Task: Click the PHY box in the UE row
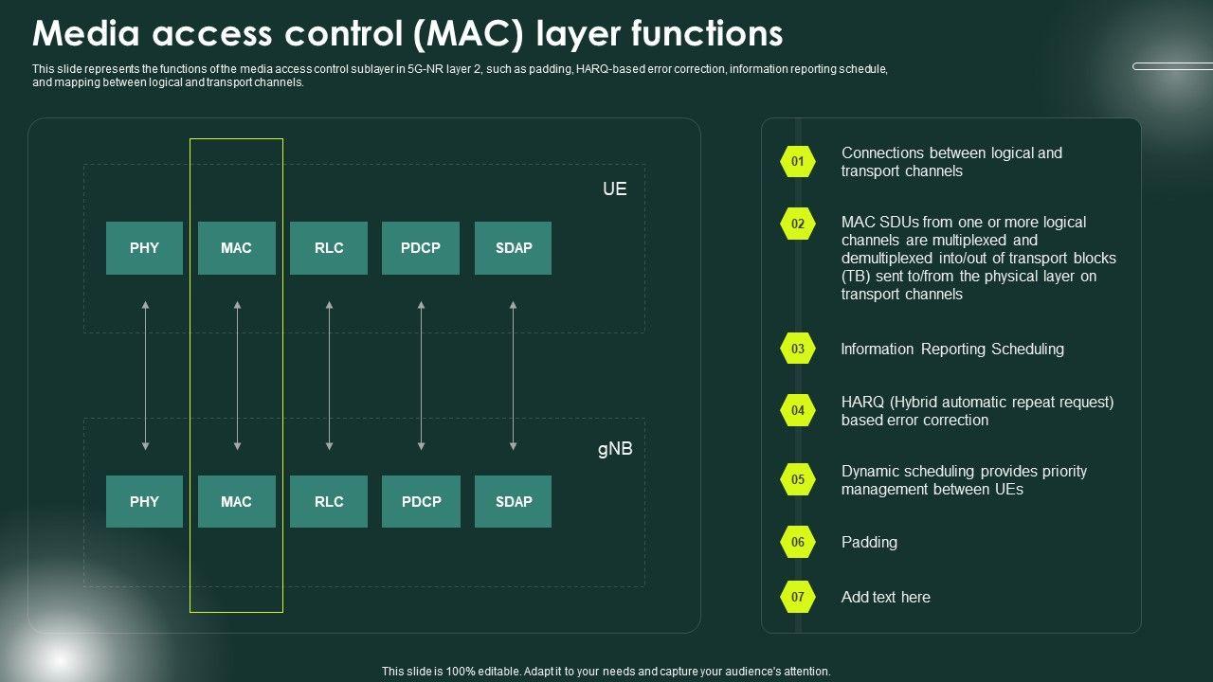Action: coord(144,248)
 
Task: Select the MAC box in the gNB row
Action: coord(236,501)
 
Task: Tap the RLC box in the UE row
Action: coord(329,248)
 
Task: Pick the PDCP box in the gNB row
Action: coord(421,501)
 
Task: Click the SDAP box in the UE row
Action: coord(513,248)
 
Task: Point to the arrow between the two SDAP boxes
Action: coord(513,375)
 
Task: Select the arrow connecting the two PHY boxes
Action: coord(145,375)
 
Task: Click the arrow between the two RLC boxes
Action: coord(329,375)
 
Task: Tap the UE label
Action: coord(614,188)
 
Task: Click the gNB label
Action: coord(614,449)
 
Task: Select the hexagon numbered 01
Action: coord(798,162)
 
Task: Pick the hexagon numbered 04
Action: coord(798,410)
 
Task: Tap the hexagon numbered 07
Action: coord(798,597)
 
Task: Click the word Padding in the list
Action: coord(869,542)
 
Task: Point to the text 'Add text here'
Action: coord(885,597)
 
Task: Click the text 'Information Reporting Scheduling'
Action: coord(952,349)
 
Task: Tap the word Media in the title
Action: coord(83,34)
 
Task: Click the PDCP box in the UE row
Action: coord(421,248)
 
